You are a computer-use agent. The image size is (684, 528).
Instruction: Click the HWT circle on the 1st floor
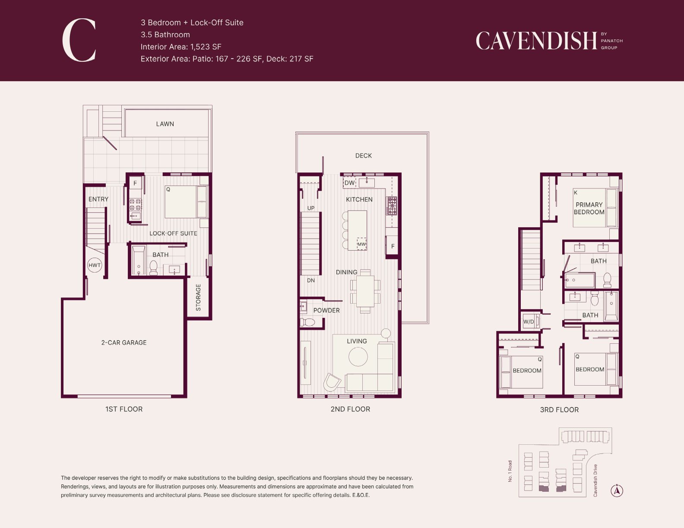[95, 265]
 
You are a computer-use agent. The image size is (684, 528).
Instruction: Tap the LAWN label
[165, 124]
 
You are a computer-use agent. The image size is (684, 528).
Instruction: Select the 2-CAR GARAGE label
[123, 343]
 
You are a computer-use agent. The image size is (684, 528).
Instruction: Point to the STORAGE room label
[198, 298]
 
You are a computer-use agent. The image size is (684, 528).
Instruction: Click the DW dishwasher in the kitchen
[349, 183]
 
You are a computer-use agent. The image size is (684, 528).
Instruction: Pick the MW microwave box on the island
[362, 244]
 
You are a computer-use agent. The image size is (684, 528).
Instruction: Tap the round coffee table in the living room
[358, 357]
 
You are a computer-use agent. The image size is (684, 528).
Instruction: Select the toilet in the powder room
[307, 322]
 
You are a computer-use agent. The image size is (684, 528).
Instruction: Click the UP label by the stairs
[310, 208]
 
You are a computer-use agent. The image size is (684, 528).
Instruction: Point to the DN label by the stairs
[310, 280]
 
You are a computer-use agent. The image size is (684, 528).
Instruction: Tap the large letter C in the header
[79, 40]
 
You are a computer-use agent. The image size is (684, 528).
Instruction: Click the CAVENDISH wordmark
[536, 41]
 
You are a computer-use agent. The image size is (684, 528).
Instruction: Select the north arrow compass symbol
[617, 490]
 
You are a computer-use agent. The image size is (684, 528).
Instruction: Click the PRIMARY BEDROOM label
[589, 208]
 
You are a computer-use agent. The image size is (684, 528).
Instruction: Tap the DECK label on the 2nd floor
[363, 156]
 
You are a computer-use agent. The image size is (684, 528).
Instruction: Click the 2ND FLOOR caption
[350, 409]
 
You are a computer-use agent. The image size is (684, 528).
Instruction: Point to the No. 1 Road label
[510, 471]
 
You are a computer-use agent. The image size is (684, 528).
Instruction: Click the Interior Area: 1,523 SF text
[180, 47]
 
